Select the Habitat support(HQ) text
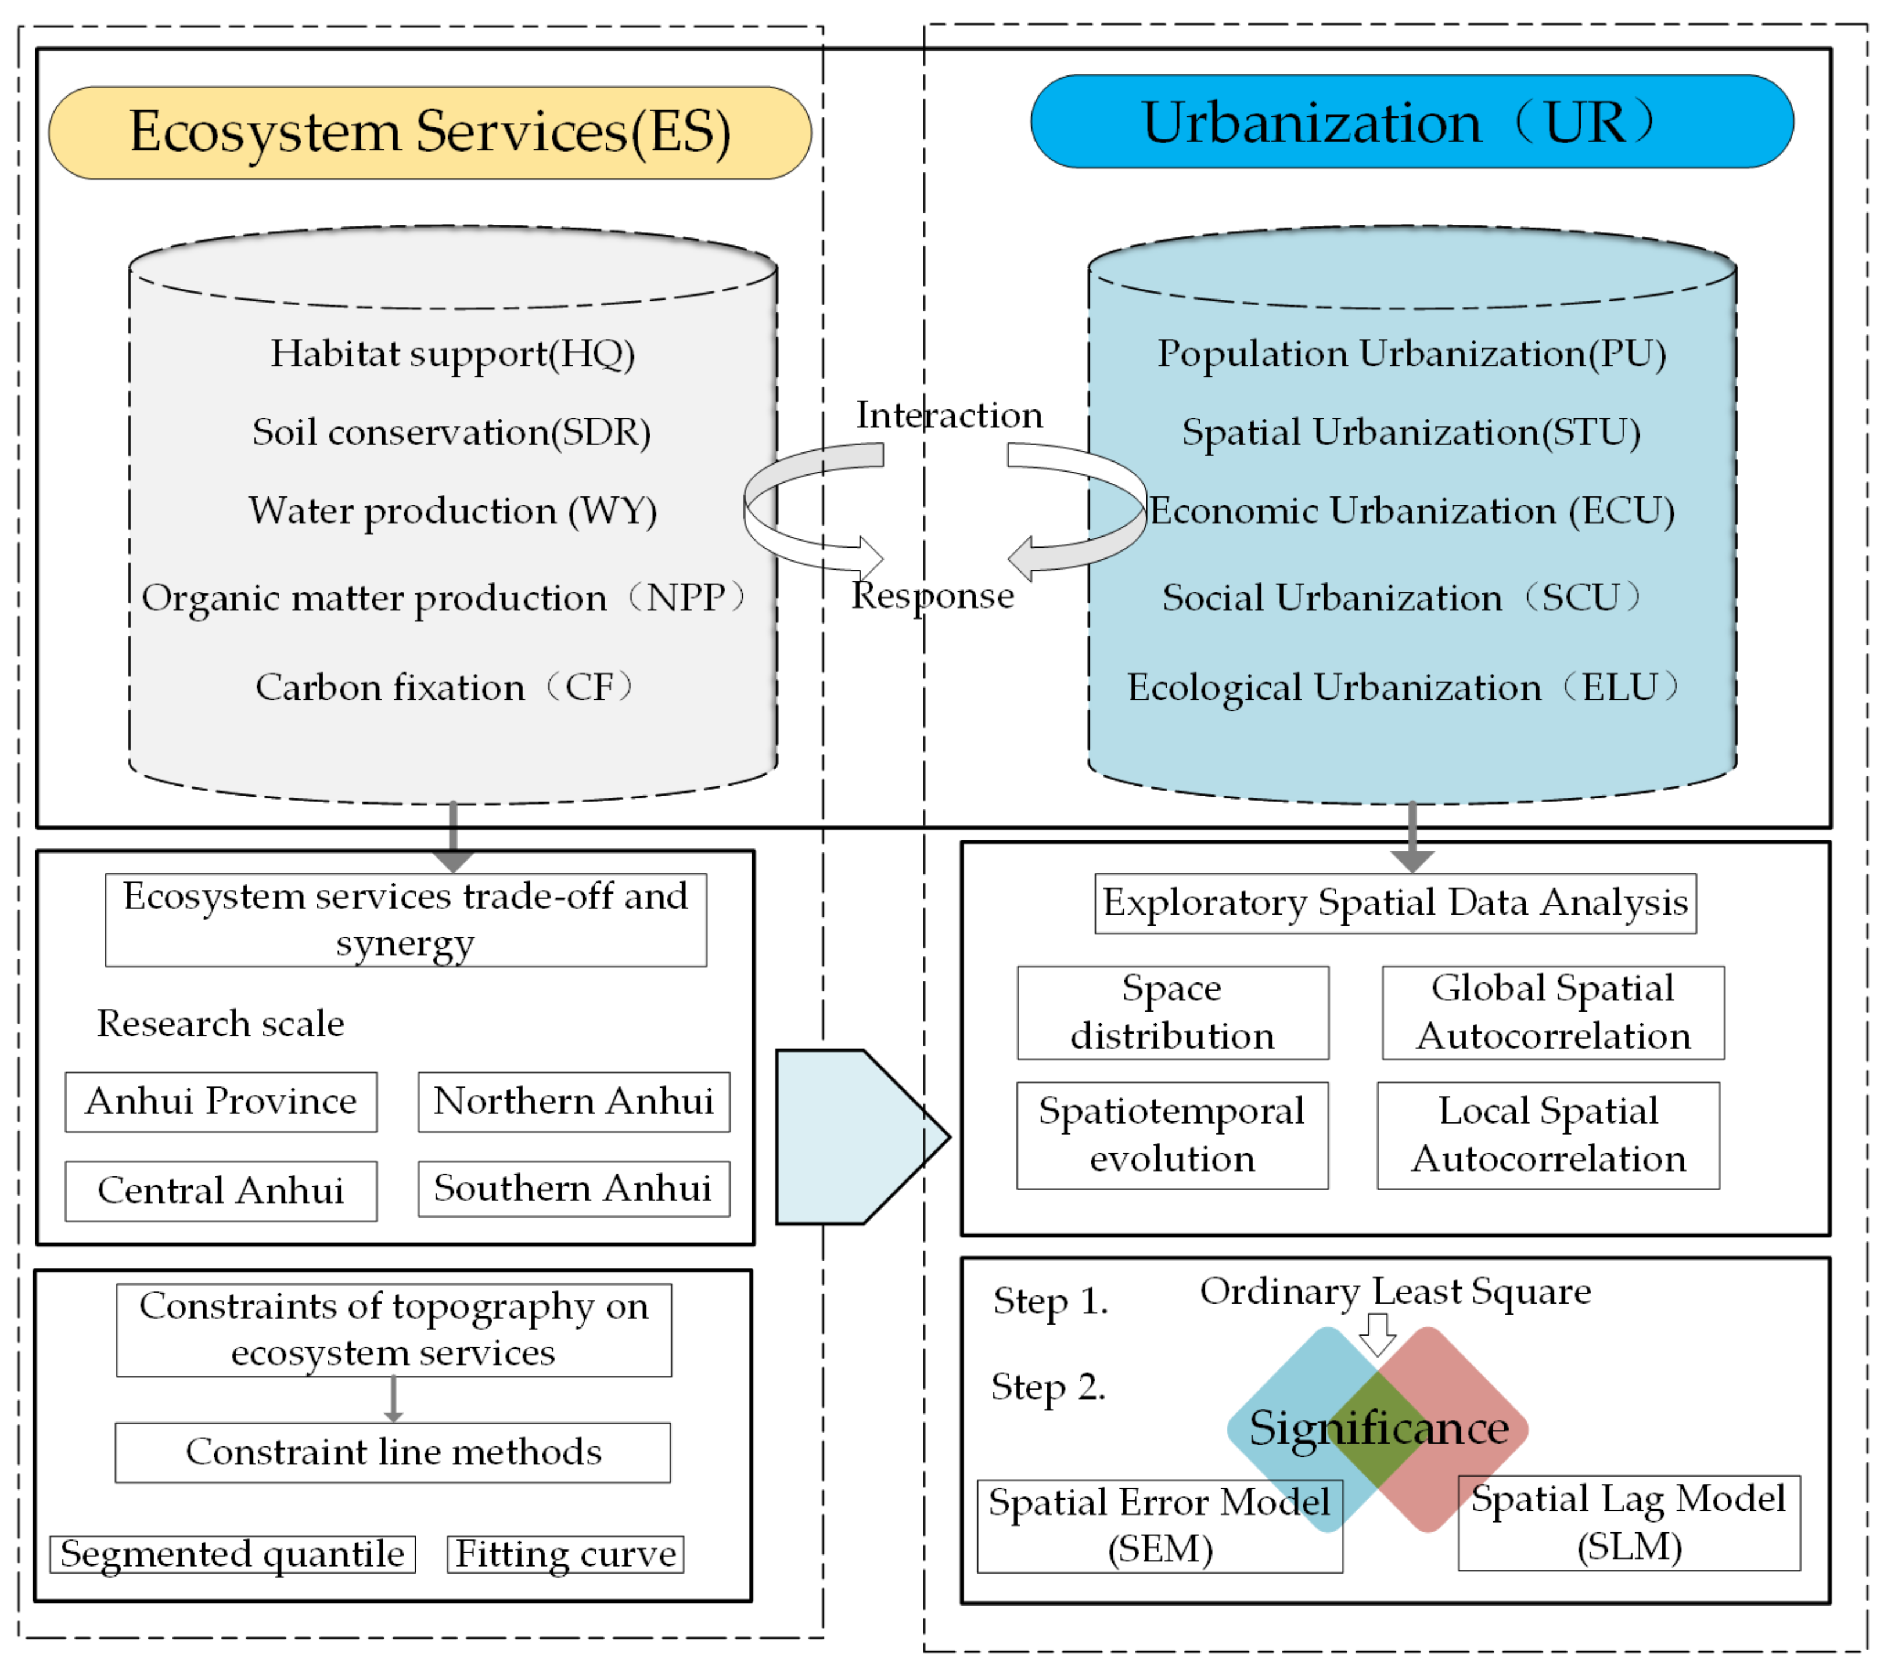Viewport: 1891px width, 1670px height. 452,354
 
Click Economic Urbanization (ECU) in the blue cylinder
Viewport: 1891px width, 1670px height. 1412,511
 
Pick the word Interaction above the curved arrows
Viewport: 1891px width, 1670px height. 948,415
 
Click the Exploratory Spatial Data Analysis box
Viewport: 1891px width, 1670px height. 1394,902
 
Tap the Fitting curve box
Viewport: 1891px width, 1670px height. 565,1553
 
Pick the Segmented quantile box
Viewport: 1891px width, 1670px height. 232,1553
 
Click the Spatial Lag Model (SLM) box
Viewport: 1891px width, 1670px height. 1628,1522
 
